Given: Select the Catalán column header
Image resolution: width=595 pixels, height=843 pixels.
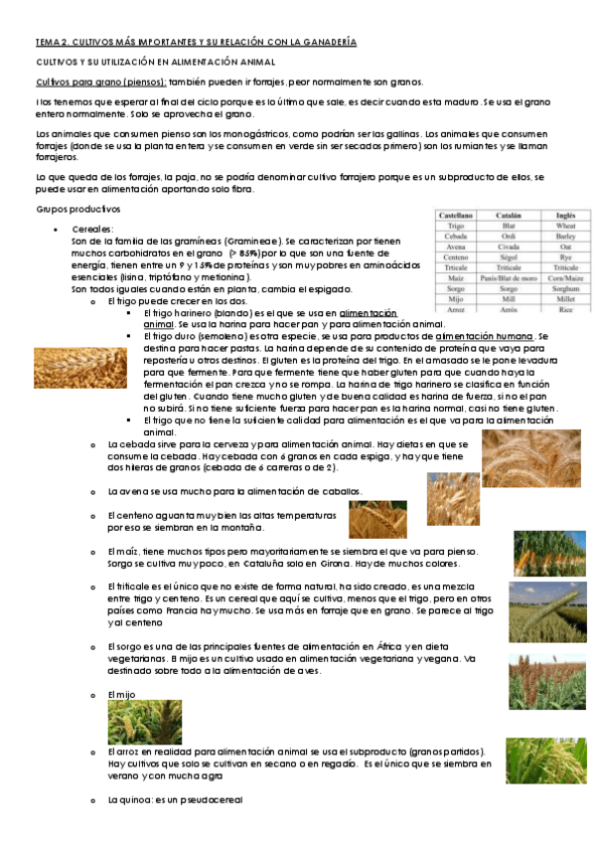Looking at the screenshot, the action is (x=513, y=214).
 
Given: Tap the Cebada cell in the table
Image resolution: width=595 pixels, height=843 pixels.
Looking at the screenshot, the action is (x=456, y=238).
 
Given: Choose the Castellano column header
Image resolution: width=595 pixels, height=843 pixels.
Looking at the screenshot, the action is (x=456, y=214).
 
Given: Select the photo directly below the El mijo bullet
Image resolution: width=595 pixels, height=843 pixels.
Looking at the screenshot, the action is (x=144, y=721).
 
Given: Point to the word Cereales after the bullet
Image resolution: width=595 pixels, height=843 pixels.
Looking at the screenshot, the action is (x=94, y=230).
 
